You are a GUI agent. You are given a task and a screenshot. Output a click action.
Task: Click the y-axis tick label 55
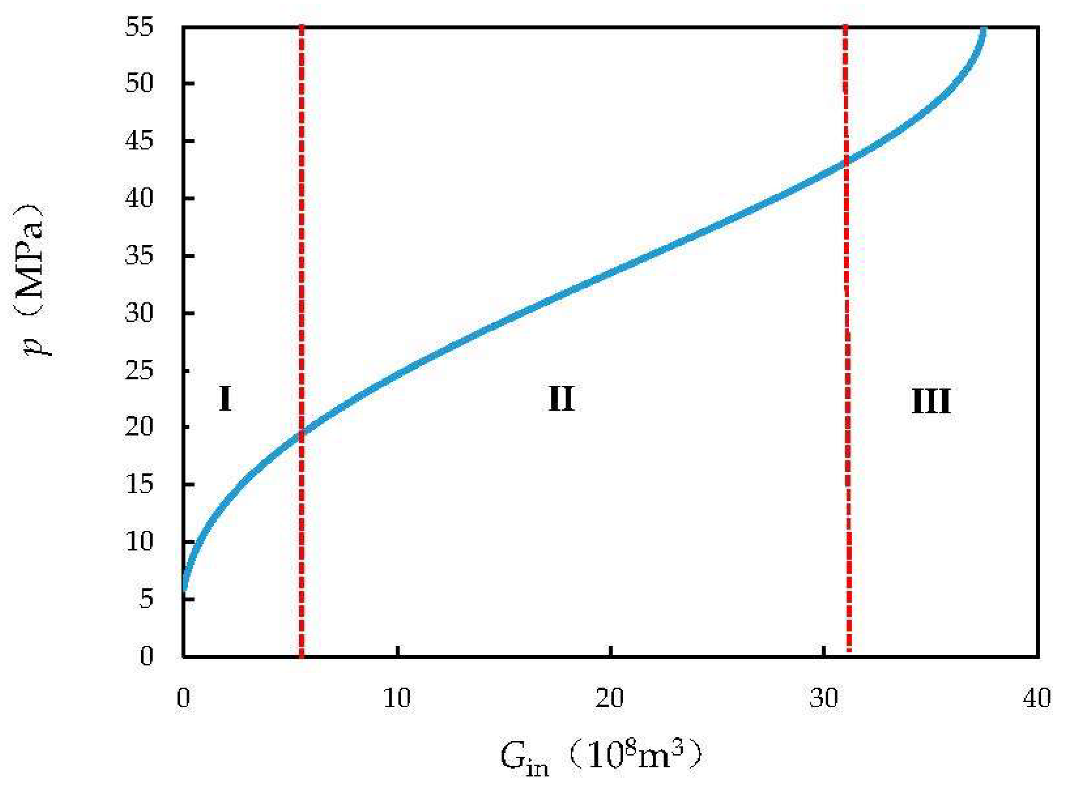click(x=140, y=28)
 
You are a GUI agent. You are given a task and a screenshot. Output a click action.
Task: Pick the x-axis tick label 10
click(x=397, y=699)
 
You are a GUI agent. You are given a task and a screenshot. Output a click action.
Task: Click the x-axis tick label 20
click(x=610, y=699)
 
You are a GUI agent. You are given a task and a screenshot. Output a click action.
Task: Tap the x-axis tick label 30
click(x=824, y=699)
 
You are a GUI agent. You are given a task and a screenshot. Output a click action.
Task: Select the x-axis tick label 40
click(x=1037, y=699)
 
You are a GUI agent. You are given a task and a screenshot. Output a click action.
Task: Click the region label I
click(x=225, y=400)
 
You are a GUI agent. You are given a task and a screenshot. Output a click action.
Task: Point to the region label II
click(x=561, y=400)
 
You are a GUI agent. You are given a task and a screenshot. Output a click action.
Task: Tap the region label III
click(x=931, y=402)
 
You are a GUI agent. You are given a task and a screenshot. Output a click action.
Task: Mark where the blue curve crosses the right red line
click(x=846, y=162)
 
